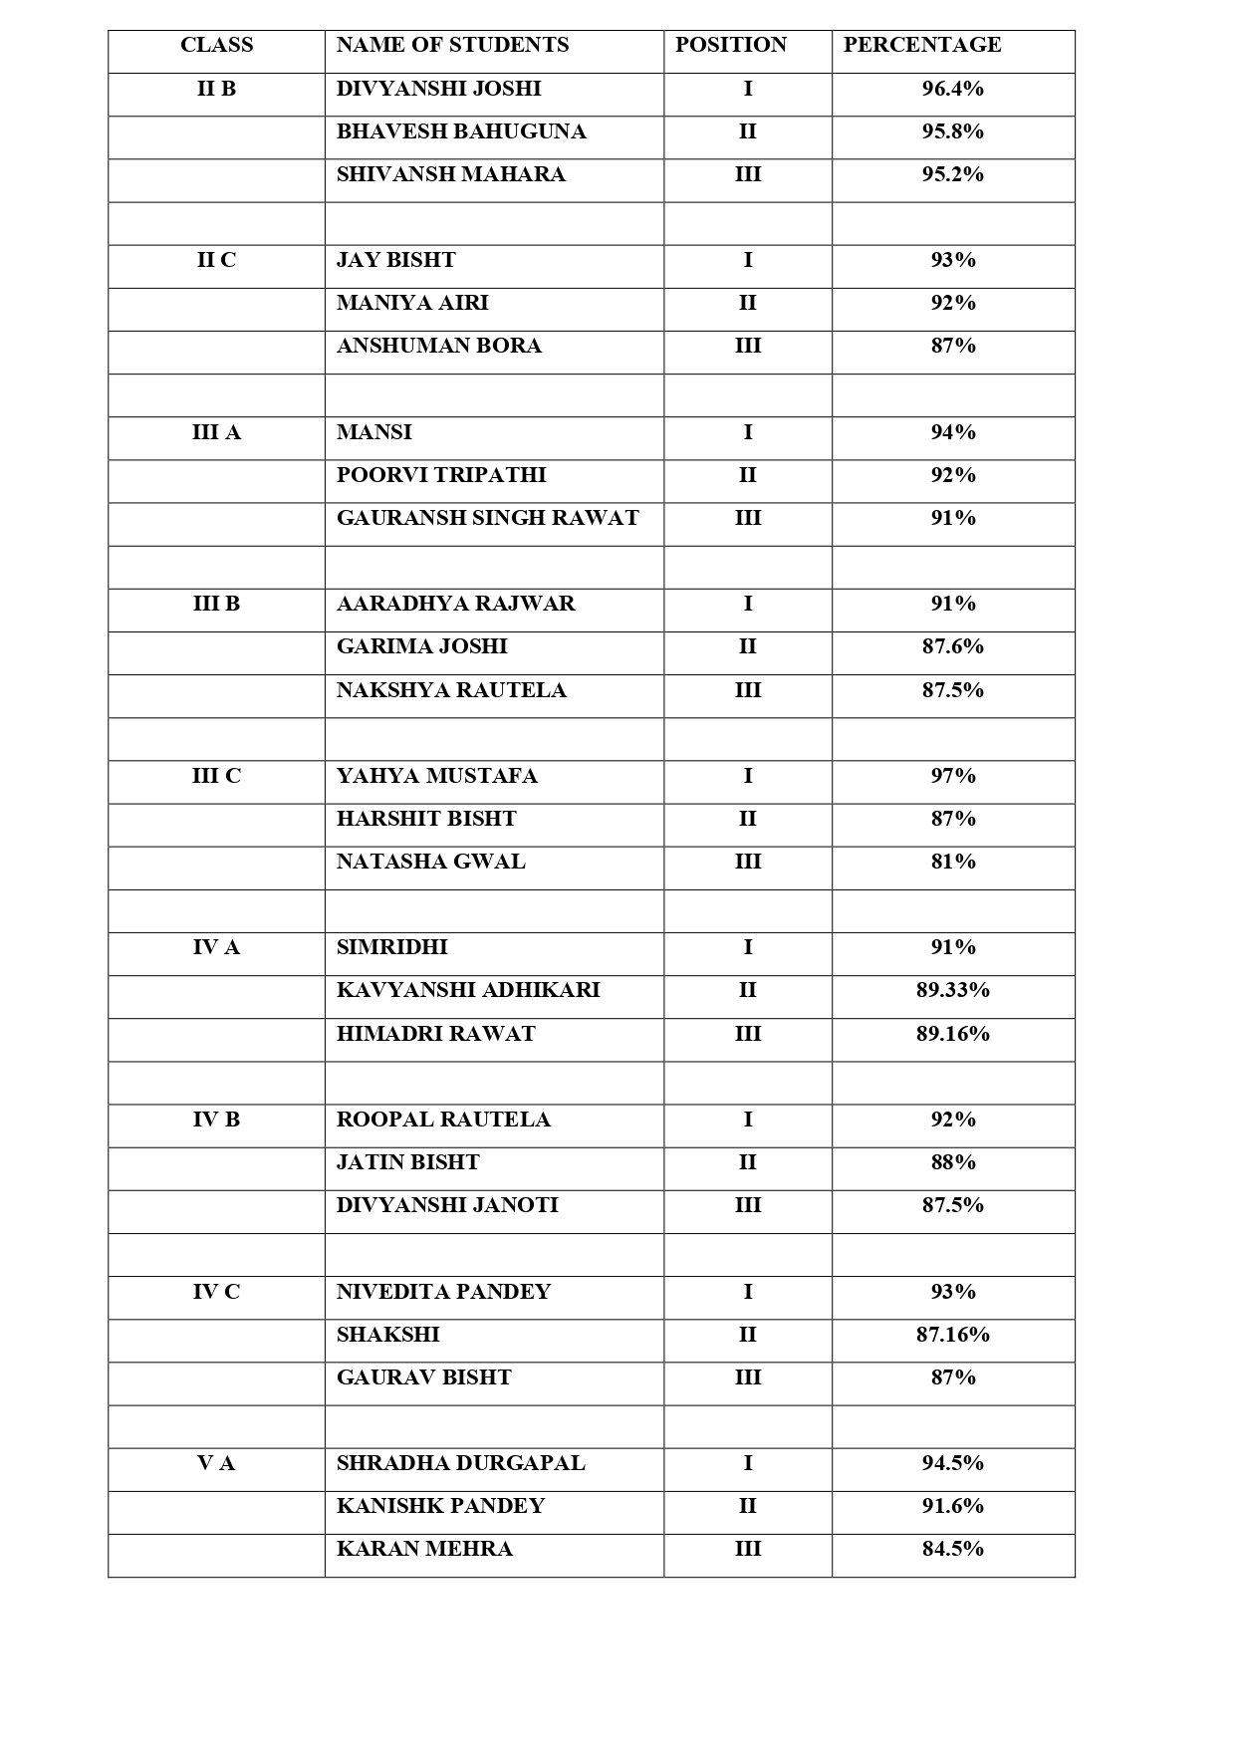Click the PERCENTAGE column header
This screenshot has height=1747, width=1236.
tap(921, 45)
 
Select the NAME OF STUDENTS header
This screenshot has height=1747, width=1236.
tap(452, 45)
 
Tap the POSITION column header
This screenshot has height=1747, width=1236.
tap(730, 45)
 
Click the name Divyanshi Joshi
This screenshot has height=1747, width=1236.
tap(438, 89)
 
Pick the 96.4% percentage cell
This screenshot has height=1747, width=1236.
tap(952, 89)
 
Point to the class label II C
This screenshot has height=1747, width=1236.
tap(216, 260)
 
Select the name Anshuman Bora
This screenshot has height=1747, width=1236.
tap(438, 346)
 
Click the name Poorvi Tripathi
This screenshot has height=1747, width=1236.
tap(441, 475)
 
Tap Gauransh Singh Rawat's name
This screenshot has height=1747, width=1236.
tap(487, 518)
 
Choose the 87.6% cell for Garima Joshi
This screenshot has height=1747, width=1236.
tap(952, 646)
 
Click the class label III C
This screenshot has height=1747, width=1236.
tap(216, 776)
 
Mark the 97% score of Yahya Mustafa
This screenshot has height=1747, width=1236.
tap(952, 776)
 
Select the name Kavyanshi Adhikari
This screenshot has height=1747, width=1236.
tap(468, 990)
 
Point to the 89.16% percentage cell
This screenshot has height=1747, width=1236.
tap(952, 1034)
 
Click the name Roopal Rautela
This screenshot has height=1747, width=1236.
tap(443, 1120)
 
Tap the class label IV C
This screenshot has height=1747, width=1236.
tap(216, 1292)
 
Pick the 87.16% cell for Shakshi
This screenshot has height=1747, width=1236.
tap(952, 1335)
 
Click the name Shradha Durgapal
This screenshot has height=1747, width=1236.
tap(460, 1463)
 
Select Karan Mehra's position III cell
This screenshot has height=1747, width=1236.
tap(747, 1549)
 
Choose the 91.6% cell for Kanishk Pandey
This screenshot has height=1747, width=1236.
tap(952, 1506)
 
